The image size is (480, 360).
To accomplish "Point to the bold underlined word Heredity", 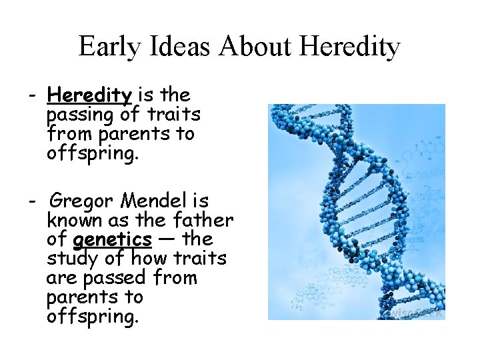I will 89,95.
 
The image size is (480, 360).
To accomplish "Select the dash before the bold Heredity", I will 32,95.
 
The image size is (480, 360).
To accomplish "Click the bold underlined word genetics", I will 113,239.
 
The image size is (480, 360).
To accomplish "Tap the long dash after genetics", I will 169,239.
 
